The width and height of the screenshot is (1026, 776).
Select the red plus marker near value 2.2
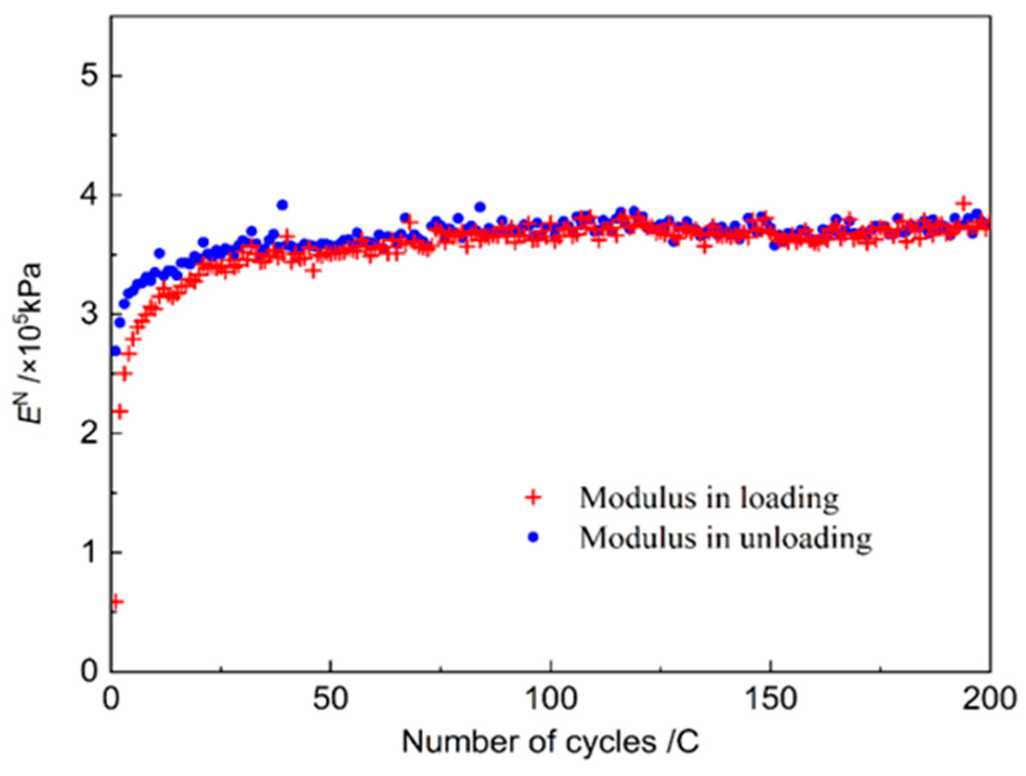coord(121,411)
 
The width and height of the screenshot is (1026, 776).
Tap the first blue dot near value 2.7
coord(115,351)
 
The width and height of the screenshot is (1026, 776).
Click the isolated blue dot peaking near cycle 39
coord(282,205)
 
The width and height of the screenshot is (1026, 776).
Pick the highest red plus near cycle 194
coord(964,204)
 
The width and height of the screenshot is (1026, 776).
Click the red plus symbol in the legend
coord(533,498)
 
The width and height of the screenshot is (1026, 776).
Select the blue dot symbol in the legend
coord(533,537)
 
